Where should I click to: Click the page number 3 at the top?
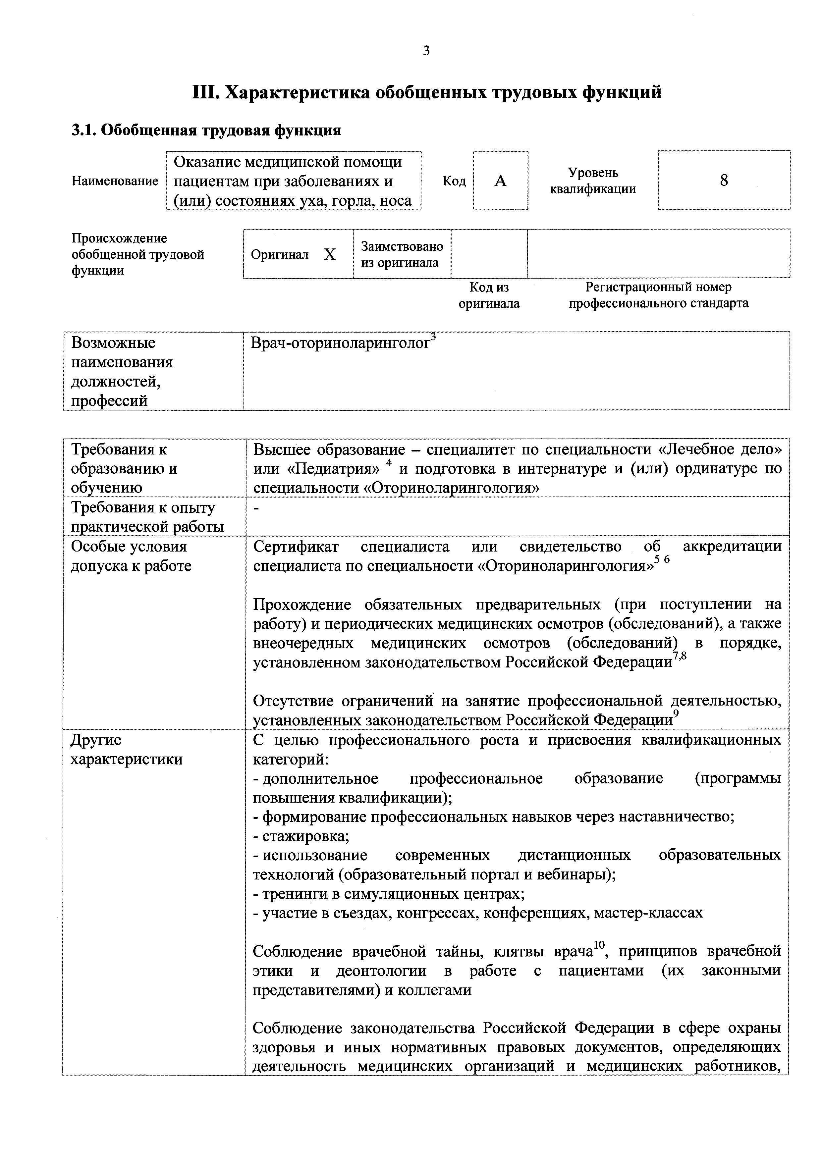(426, 51)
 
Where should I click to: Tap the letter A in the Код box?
(500, 181)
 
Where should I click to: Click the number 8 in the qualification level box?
(724, 180)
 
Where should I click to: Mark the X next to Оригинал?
(330, 254)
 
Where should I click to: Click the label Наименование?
(115, 181)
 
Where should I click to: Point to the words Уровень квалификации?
(593, 181)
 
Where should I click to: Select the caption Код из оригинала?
(489, 295)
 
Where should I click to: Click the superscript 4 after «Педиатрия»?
(389, 463)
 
